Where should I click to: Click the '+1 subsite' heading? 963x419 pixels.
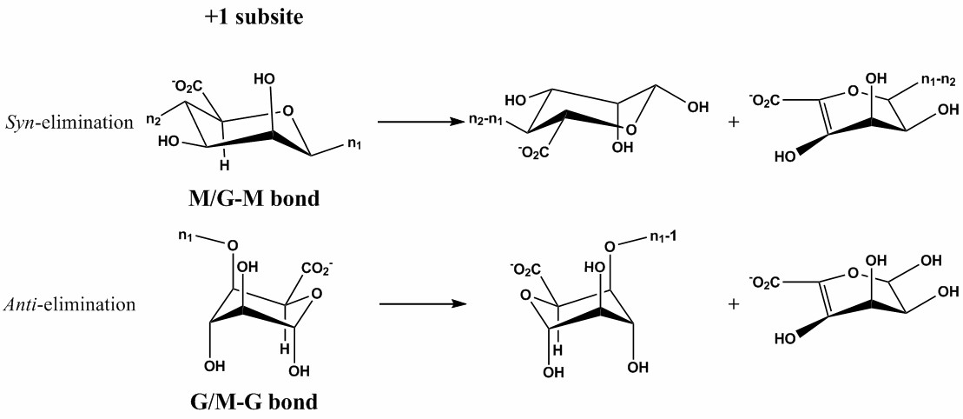(254, 17)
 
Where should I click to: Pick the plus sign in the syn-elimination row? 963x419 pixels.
(734, 123)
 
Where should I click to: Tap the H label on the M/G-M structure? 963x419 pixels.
(223, 164)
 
